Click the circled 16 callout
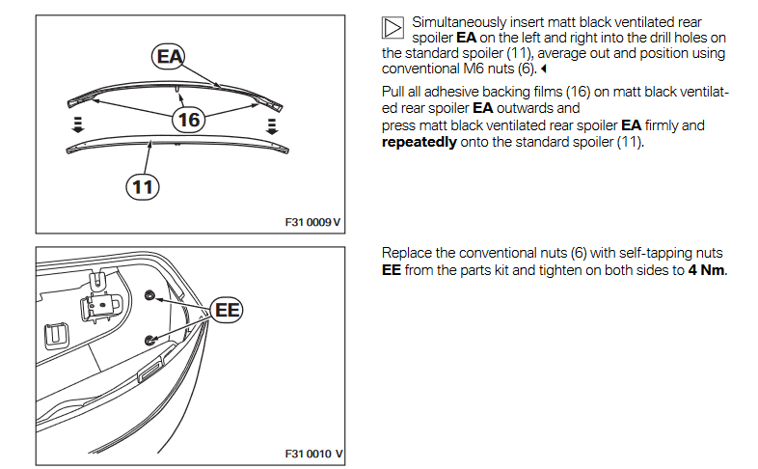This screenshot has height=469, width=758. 190,120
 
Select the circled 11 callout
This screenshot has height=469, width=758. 143,186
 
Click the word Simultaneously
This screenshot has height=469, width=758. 462,22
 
